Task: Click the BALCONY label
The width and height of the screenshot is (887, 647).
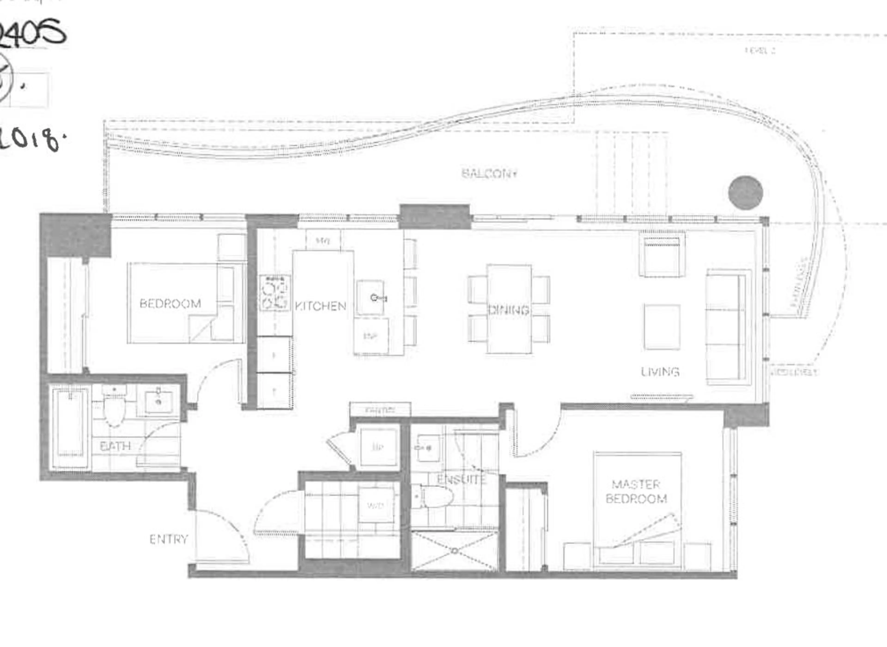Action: pyautogui.click(x=489, y=173)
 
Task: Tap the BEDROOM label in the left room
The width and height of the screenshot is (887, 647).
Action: pyautogui.click(x=170, y=303)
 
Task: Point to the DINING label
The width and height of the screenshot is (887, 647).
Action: pyautogui.click(x=509, y=310)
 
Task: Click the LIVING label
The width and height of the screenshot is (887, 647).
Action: pyautogui.click(x=660, y=372)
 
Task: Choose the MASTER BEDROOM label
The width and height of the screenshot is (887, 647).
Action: pyautogui.click(x=636, y=492)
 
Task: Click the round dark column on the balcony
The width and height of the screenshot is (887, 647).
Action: pyautogui.click(x=746, y=193)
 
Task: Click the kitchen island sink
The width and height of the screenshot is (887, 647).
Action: pyautogui.click(x=370, y=298)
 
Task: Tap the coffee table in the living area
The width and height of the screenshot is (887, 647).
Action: pyautogui.click(x=662, y=327)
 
